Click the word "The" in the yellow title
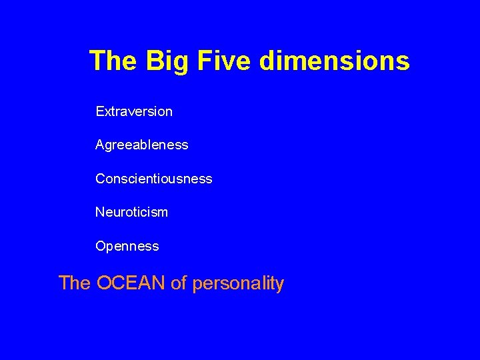tap(113, 61)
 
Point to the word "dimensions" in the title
tap(335, 61)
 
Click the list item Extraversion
tap(134, 111)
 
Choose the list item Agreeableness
tap(142, 145)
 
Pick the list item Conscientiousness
tap(154, 179)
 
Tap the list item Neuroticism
tap(132, 212)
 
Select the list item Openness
tap(127, 246)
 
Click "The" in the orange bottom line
tap(75, 283)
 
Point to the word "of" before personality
tap(179, 283)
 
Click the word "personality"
tap(238, 283)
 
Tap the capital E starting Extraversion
tap(100, 111)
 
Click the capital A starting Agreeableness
tap(100, 144)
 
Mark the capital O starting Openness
tap(101, 246)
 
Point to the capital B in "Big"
tap(154, 61)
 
